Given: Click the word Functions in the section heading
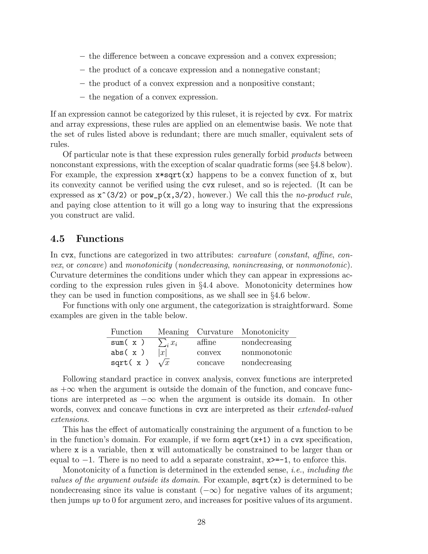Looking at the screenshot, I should pyautogui.click(x=100, y=239).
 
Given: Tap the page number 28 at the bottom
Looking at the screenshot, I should pyautogui.click(x=201, y=522).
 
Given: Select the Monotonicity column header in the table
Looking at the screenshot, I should pyautogui.click(x=265, y=332).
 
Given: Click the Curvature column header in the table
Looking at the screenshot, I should pyautogui.click(x=215, y=332).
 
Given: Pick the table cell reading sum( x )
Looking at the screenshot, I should pyautogui.click(x=127, y=342).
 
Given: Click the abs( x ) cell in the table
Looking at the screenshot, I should pyautogui.click(x=127, y=353).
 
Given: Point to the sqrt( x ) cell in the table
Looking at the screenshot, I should pyautogui.click(x=130, y=363).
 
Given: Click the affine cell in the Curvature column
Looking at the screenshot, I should pyautogui.click(x=206, y=342).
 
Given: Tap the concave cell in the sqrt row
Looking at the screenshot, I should pyautogui.click(x=210, y=363).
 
